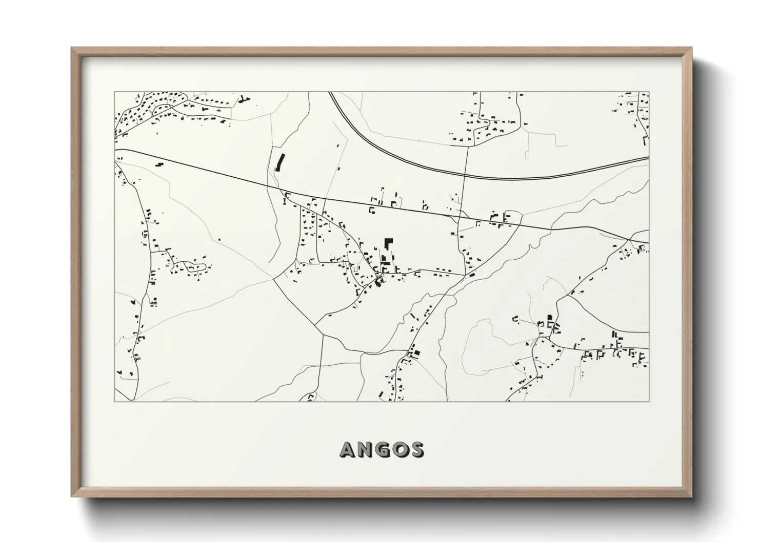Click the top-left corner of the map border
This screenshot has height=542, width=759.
click(114, 92)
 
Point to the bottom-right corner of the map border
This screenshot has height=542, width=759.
click(649, 401)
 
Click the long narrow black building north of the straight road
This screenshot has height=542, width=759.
click(279, 161)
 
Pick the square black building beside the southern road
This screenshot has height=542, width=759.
click(416, 352)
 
